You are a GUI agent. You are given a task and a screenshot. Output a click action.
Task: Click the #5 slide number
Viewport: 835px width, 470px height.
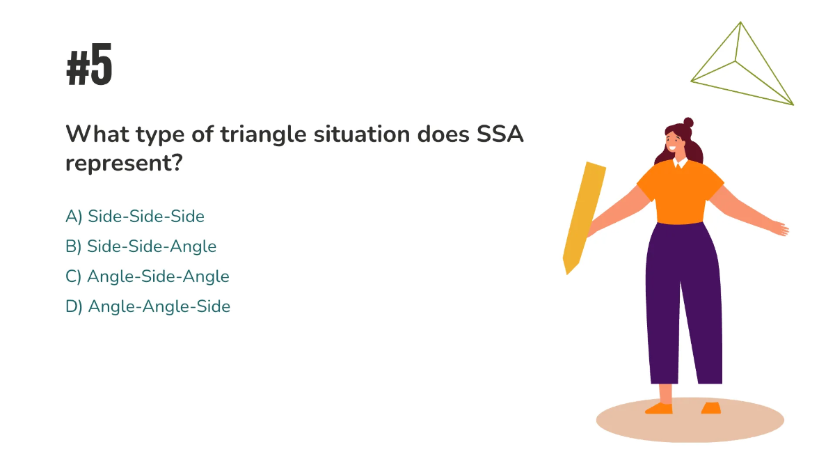pyautogui.click(x=89, y=67)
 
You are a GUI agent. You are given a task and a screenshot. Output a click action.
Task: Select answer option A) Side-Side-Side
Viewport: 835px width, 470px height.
pyautogui.click(x=135, y=217)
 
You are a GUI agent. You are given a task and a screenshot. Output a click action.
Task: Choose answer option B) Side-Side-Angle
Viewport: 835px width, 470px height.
pyautogui.click(x=141, y=246)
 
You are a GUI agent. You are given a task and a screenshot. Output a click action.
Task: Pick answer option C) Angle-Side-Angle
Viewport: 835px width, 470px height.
pyautogui.click(x=148, y=276)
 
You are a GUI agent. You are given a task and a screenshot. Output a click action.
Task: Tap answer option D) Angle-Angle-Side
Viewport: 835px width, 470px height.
pyautogui.click(x=148, y=306)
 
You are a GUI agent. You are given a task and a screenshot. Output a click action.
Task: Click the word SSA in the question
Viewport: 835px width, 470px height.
pyautogui.click(x=499, y=134)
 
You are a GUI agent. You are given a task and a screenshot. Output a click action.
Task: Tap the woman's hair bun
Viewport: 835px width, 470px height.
pyautogui.click(x=688, y=123)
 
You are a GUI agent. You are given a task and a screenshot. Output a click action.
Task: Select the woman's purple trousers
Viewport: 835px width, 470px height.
pyautogui.click(x=682, y=299)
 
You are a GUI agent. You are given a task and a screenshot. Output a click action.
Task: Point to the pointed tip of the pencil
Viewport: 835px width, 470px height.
pyautogui.click(x=568, y=268)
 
